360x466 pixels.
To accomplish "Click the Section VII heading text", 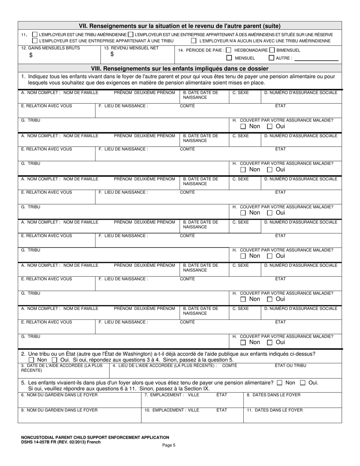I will click(180, 26).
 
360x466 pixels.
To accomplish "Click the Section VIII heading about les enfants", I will click(180, 69).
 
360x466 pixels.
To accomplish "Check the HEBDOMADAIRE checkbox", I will click(229, 50).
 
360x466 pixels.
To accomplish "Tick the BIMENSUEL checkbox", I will click(272, 50).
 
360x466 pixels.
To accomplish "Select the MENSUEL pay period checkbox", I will click(229, 58).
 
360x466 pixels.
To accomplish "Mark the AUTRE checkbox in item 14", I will click(271, 58).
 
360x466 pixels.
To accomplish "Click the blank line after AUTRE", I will click(316, 59).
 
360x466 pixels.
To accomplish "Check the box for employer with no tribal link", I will click(194, 41).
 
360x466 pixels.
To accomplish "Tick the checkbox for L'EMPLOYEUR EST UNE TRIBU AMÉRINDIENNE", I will click(35, 34).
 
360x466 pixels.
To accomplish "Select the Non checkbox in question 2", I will click(31, 360).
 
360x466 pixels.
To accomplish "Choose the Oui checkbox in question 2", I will click(55, 360).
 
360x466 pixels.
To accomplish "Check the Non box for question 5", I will click(280, 383).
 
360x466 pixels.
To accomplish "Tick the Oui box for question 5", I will click(303, 383).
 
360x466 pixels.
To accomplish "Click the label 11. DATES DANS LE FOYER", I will click(274, 410).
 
